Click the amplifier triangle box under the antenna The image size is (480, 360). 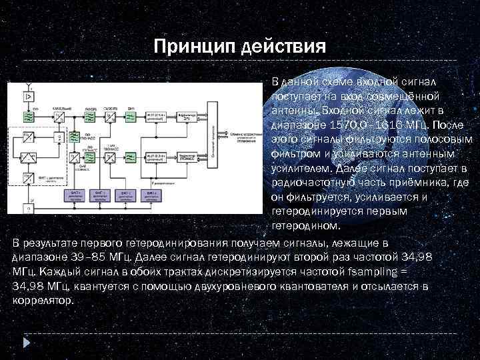tap(29, 98)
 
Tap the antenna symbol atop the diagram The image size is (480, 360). tap(29, 85)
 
